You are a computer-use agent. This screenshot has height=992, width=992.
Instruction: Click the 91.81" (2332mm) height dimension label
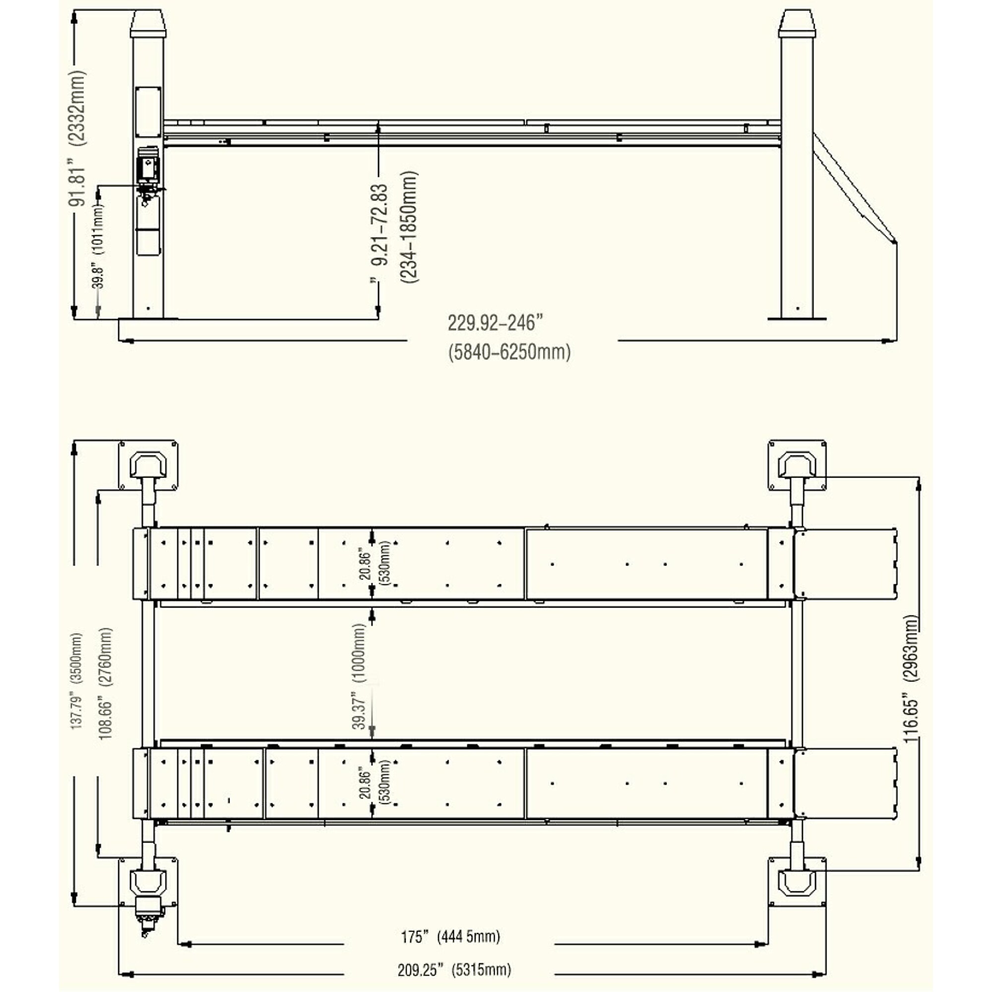coord(78,137)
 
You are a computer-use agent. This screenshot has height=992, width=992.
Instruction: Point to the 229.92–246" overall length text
coord(495,323)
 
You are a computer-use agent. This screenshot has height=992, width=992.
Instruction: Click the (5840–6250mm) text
coord(509,353)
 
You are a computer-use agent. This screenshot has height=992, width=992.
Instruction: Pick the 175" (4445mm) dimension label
coord(450,936)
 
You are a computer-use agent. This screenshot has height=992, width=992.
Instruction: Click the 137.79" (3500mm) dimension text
coord(76,681)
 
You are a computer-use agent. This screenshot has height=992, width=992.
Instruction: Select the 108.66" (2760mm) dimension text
coord(105,683)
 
